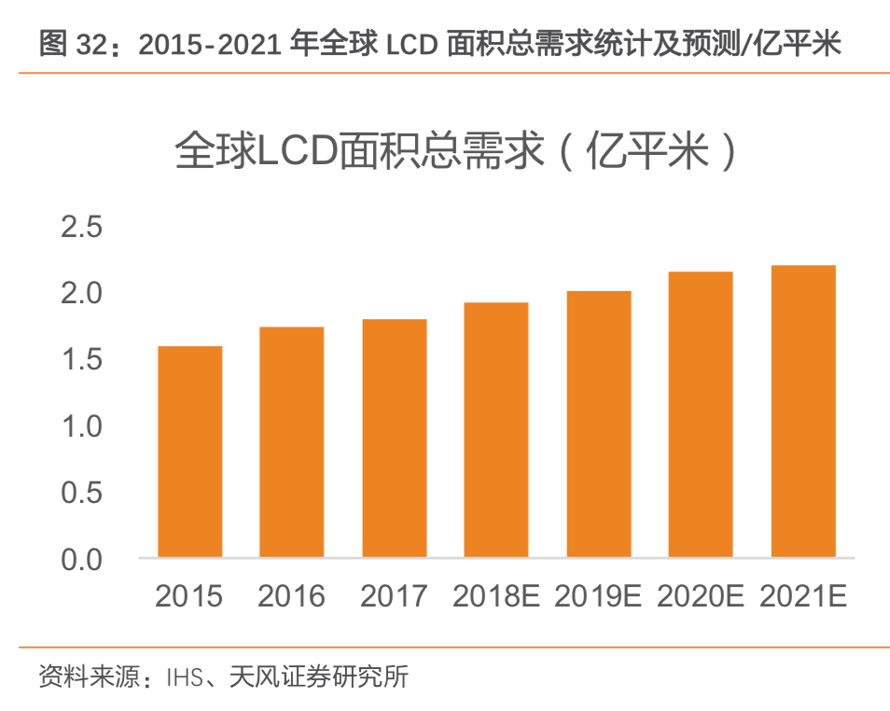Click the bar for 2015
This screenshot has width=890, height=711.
[189, 453]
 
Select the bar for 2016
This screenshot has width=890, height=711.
[292, 442]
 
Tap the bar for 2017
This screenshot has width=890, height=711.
[395, 439]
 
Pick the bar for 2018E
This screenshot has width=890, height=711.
[496, 430]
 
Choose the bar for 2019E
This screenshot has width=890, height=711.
[599, 425]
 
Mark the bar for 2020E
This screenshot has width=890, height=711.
[701, 415]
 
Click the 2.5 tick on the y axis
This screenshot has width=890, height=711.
[81, 227]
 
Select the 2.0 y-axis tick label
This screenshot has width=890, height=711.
[81, 293]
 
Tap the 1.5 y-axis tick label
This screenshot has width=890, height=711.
[81, 359]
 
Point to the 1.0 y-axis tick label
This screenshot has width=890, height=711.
[81, 426]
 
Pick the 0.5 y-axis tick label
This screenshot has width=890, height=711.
[81, 493]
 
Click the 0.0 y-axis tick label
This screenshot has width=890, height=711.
[81, 559]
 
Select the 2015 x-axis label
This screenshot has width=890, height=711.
[189, 596]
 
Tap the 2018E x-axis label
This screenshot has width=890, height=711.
[496, 596]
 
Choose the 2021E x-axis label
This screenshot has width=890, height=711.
[803, 596]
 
